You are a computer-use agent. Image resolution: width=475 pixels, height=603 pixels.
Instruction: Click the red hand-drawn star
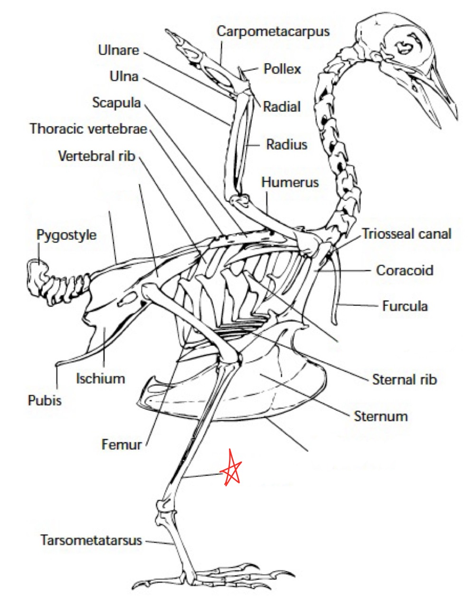coord(231,469)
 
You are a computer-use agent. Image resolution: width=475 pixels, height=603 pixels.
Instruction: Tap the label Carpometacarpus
coord(273,32)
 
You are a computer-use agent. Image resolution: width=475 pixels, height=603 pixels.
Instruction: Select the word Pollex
coord(282,69)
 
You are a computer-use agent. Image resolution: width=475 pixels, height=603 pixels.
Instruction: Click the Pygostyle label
coord(66,235)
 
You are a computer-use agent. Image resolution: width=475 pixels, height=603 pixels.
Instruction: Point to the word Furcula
coord(405,306)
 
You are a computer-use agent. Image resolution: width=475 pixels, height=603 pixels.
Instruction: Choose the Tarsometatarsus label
coord(91,540)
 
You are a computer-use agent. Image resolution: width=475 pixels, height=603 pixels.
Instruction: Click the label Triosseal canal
coord(406,234)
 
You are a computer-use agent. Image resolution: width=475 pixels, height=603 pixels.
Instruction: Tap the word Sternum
coord(381,416)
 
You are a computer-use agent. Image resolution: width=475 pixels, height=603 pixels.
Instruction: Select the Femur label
coord(122,444)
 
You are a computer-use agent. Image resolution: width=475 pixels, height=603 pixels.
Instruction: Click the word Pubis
coord(45,400)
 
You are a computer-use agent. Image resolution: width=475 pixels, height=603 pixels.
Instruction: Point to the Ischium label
coord(100,378)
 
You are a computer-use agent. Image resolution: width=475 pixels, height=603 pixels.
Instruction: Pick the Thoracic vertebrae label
coord(88,129)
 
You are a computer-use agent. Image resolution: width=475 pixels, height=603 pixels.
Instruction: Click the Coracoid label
coord(405,270)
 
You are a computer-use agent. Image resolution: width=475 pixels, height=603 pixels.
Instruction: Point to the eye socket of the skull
coord(406,46)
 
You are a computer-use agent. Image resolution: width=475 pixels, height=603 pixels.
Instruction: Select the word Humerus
coord(290,182)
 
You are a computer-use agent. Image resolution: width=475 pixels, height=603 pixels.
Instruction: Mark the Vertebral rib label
coord(96,156)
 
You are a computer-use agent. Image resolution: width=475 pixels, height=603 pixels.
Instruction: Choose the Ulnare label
coord(118,50)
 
